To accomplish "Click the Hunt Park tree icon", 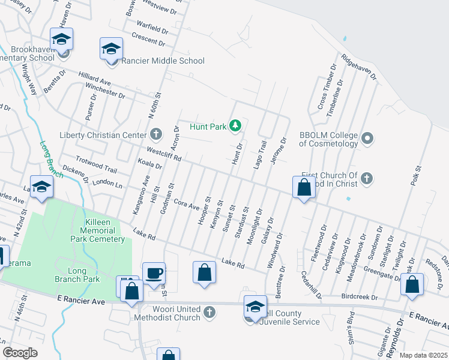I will click(x=236, y=125).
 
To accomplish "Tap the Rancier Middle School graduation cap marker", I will click(x=111, y=48).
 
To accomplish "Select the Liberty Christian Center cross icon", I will click(x=156, y=134).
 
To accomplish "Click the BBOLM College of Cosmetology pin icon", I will click(x=368, y=139).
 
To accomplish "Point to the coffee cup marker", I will click(x=154, y=274).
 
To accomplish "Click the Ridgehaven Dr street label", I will click(x=359, y=67).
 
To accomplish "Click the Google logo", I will click(x=20, y=353).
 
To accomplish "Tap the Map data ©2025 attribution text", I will click(x=424, y=355).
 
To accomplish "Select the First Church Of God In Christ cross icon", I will click(x=367, y=178).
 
